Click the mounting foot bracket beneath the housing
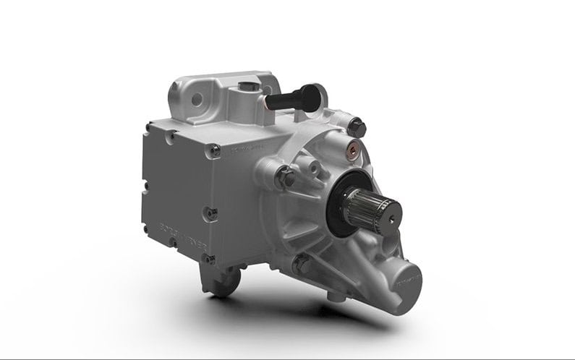pyautogui.click(x=221, y=279)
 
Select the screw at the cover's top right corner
pyautogui.click(x=215, y=150)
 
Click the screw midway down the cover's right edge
pyautogui.click(x=213, y=213)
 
